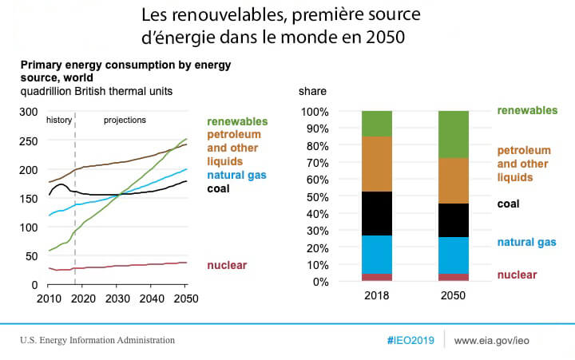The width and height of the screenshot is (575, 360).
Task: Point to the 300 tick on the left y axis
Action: [30, 112]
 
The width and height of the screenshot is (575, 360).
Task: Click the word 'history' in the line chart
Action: [59, 120]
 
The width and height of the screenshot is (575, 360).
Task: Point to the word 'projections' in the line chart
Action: [125, 120]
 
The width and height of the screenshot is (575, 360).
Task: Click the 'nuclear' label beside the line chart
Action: [226, 265]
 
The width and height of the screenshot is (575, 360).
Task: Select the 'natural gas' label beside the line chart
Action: [236, 175]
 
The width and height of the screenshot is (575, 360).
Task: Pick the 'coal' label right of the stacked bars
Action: [508, 204]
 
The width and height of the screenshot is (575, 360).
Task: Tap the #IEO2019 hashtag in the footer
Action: [410, 341]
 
